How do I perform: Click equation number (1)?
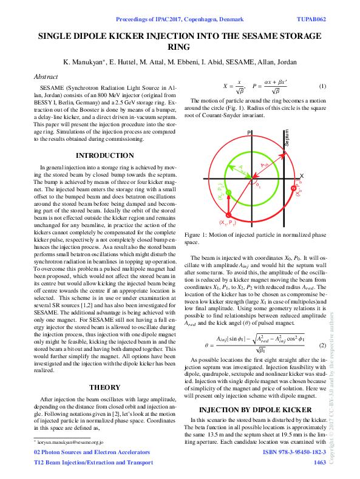pyautogui.click(x=323, y=86)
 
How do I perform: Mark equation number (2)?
pyautogui.click(x=323, y=345)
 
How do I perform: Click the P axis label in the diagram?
pyautogui.click(x=249, y=132)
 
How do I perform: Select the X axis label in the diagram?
pyautogui.click(x=302, y=175)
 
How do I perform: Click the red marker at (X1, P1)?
pyautogui.click(x=229, y=216)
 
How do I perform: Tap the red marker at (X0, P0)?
pyautogui.click(x=294, y=189)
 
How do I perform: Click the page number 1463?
pyautogui.click(x=319, y=463)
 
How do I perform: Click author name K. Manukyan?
pyautogui.click(x=87, y=63)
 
